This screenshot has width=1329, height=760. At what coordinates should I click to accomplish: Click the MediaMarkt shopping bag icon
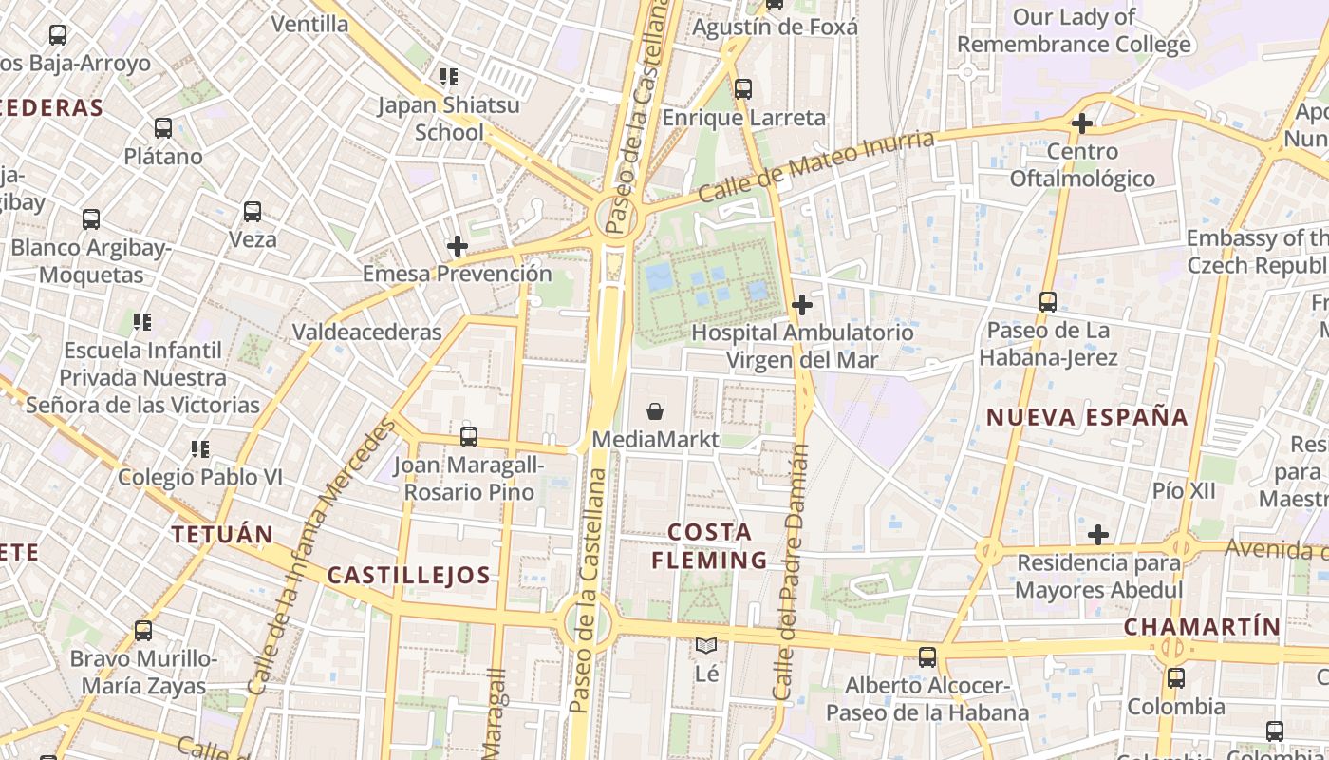pos(655,411)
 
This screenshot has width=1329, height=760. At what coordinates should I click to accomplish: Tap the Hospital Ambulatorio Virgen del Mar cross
pos(802,305)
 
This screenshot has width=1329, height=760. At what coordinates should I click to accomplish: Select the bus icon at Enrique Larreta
pos(743,89)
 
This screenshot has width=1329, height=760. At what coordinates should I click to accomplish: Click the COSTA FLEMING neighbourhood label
pos(710,546)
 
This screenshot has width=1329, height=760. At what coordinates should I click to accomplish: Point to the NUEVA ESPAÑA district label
pos(1087,417)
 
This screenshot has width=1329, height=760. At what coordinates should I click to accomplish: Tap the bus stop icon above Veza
pos(253,212)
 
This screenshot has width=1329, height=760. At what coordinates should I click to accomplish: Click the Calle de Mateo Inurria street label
pos(816,166)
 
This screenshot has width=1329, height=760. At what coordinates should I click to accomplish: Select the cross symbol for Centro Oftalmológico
pos(1081,123)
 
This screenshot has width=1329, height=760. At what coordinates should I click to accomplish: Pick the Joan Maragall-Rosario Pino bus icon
pos(469,437)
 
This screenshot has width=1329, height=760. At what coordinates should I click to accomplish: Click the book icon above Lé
pos(706,646)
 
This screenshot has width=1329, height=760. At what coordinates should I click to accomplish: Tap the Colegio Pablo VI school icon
pos(199,448)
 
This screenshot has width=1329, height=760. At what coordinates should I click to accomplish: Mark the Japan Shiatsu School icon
pos(448,77)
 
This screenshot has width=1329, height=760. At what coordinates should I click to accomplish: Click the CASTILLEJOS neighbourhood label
pos(408,575)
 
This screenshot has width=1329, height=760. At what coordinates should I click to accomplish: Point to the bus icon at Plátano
pos(163,128)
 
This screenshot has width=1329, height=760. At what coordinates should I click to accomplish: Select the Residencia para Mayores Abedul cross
pos(1098,535)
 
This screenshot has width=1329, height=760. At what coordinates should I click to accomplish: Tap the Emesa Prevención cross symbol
pos(458,246)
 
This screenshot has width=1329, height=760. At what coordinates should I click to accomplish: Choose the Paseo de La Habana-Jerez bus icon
pos(1048,302)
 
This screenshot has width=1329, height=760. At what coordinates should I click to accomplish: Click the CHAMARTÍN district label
pos(1203,627)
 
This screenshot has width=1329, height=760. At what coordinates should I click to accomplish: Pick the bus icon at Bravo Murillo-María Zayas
pos(143,630)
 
